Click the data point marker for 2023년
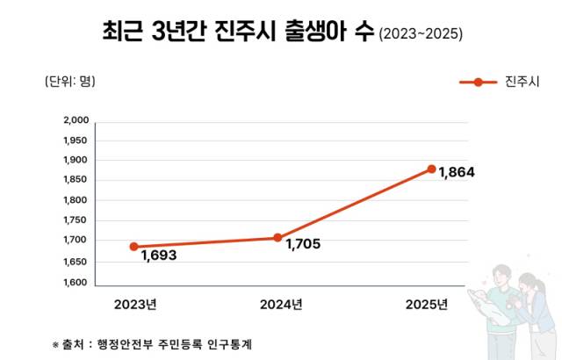134,247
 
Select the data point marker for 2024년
277,238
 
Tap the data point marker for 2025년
431,169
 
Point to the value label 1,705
303,244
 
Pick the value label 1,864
457,172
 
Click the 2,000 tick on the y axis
76,120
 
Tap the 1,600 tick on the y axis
76,282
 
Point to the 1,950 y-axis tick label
76,140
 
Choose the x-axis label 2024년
281,306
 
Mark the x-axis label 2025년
427,306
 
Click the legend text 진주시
522,83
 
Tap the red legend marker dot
478,83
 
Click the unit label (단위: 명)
69,82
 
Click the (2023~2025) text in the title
421,35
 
